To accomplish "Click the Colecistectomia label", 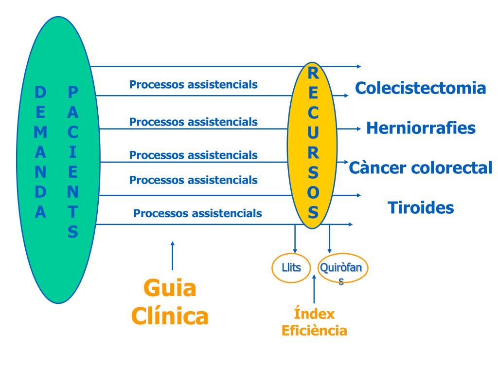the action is tap(421, 88).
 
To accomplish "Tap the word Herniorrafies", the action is tap(421, 128).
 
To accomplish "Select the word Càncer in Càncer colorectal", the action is tap(372, 168).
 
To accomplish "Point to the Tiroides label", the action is tap(421, 207).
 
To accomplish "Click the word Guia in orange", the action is tap(170, 288).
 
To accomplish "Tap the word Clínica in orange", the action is tap(170, 316).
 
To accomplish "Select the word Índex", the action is tap(314, 314).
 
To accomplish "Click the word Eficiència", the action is tap(314, 331).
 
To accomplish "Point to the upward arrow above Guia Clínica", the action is tap(173, 256).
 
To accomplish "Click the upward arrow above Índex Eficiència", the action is tap(314, 289).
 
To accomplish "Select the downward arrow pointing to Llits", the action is tap(295, 239).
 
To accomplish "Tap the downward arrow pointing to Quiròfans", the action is tap(329, 239).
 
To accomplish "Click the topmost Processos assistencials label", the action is tap(194, 85).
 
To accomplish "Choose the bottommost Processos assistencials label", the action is tap(197, 213).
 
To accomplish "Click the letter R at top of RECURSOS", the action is tap(313, 74).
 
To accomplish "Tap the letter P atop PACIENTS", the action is tap(73, 92).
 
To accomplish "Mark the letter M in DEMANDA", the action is tap(40, 132).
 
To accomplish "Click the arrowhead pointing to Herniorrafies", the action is tap(359, 129).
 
